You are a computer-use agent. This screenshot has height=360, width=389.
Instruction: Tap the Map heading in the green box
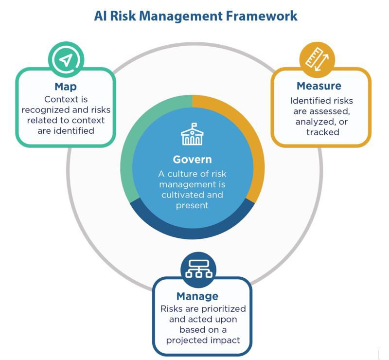point(66,87)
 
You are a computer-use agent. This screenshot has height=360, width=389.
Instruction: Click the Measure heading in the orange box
point(319,86)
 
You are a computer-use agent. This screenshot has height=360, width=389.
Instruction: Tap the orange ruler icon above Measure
point(317,59)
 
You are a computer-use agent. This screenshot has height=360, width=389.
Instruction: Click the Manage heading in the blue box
point(197,296)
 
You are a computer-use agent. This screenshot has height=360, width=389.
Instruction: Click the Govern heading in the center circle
point(193,160)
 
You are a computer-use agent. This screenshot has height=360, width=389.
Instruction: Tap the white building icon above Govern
point(193,134)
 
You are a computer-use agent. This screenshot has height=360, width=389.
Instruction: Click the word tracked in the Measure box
point(322,132)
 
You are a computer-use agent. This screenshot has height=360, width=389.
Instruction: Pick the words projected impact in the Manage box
point(203,340)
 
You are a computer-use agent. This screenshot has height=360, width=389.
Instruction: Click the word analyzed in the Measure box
point(316,122)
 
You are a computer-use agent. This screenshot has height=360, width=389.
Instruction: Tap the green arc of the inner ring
point(127,161)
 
